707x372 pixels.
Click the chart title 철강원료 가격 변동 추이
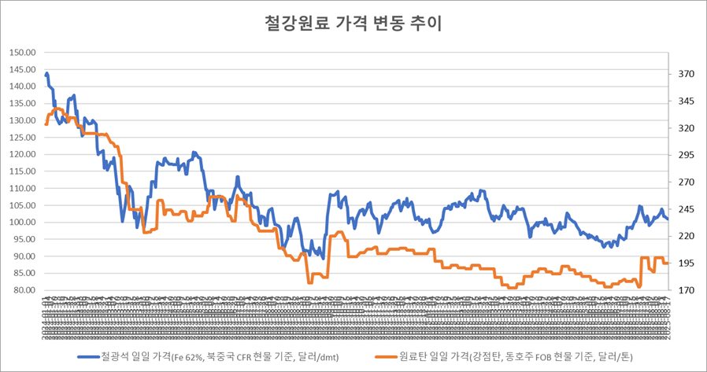pyautogui.click(x=353, y=23)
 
